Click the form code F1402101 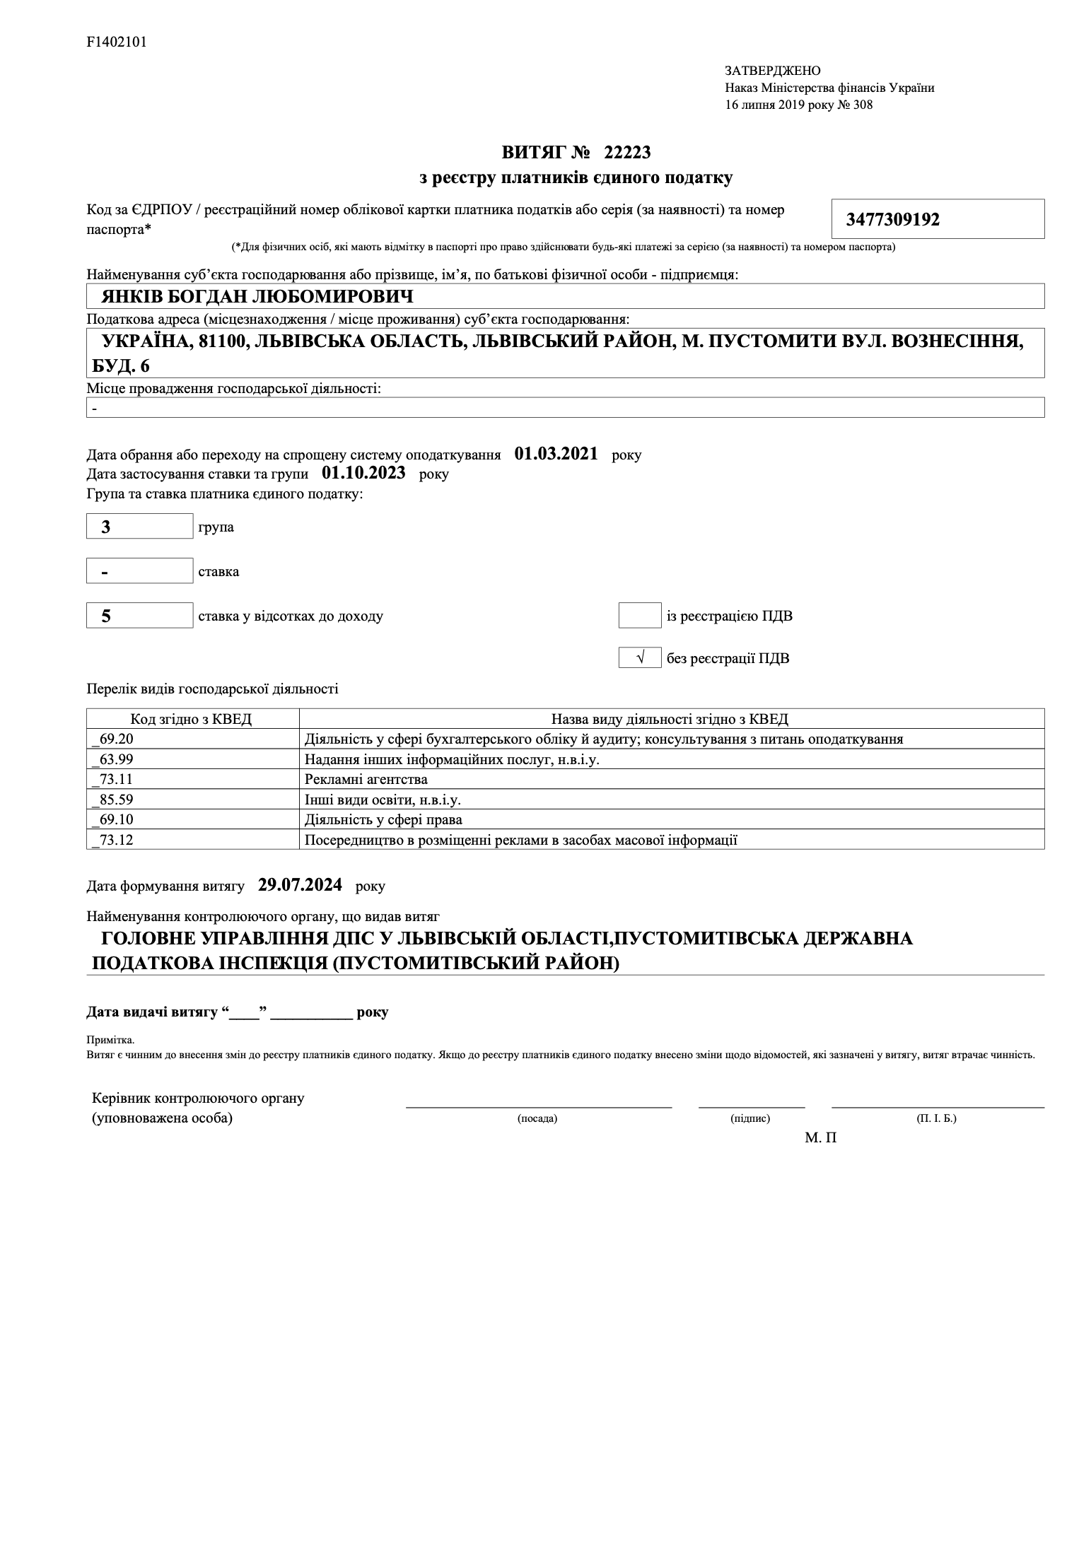click(117, 42)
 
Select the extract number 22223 click(627, 152)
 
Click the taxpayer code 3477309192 click(892, 220)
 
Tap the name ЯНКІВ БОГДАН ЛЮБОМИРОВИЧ click(257, 296)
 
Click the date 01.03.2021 click(556, 454)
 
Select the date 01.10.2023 click(363, 473)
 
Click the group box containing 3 click(139, 527)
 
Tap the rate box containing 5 click(139, 616)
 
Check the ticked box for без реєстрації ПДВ click(639, 658)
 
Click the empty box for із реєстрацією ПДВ click(639, 616)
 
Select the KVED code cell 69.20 click(192, 739)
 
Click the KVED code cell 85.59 click(192, 799)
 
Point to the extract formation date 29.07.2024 click(300, 885)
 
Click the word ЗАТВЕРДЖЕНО click(772, 71)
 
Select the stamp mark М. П click(820, 1138)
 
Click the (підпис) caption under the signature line click(750, 1118)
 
